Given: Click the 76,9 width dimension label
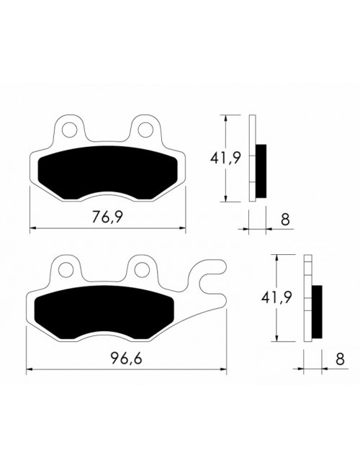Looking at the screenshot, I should point(106,218).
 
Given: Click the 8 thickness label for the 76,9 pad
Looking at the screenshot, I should point(286,219).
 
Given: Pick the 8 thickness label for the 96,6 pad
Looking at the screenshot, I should point(338,359).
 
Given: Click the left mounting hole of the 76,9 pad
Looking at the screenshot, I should point(70,130).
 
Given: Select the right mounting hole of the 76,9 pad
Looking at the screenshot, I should point(146,130).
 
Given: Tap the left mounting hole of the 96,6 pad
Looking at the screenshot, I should point(66,271).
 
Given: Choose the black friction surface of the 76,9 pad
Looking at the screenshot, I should point(106,173).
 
